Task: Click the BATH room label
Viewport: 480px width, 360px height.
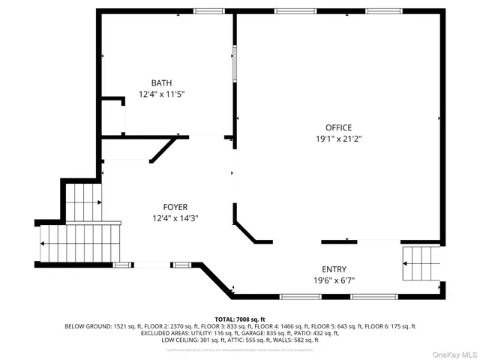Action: coord(161,83)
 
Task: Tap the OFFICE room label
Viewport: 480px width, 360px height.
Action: coord(338,127)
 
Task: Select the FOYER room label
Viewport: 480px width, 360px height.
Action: coord(175,207)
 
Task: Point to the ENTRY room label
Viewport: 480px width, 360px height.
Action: coord(334,269)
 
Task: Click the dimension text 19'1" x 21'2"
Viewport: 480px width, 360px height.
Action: coord(338,139)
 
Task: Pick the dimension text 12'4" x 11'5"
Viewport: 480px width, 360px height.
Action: coord(161,94)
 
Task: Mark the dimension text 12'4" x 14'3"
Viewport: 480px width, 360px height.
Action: coord(175,218)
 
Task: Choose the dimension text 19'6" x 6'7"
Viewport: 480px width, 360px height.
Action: coord(334,280)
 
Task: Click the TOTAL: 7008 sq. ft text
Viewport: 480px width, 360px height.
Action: coord(240,319)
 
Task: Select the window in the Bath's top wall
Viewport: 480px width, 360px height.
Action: coord(209,11)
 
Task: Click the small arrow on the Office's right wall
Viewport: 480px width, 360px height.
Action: coord(439,118)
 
